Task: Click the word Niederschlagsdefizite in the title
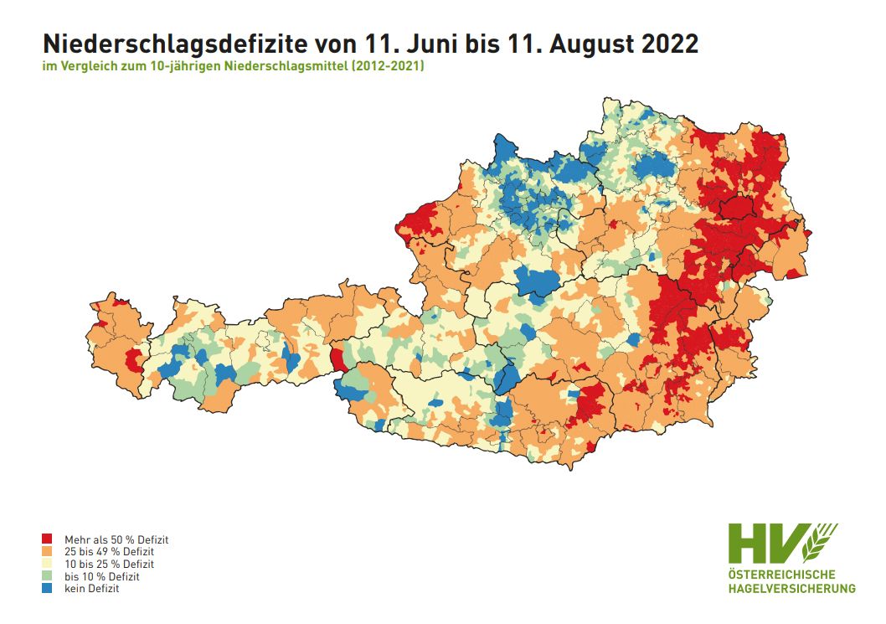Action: [x=167, y=44]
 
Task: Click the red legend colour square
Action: [x=48, y=540]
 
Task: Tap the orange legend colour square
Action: [x=48, y=553]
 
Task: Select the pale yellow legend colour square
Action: [x=48, y=565]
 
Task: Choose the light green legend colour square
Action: [x=48, y=577]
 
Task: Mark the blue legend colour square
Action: [x=48, y=589]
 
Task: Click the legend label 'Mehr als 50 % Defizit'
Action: [x=111, y=540]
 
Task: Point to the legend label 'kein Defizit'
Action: [x=91, y=589]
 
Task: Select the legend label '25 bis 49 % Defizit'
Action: [x=109, y=553]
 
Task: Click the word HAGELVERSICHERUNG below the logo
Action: [x=791, y=588]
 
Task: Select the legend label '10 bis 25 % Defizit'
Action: [x=109, y=565]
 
